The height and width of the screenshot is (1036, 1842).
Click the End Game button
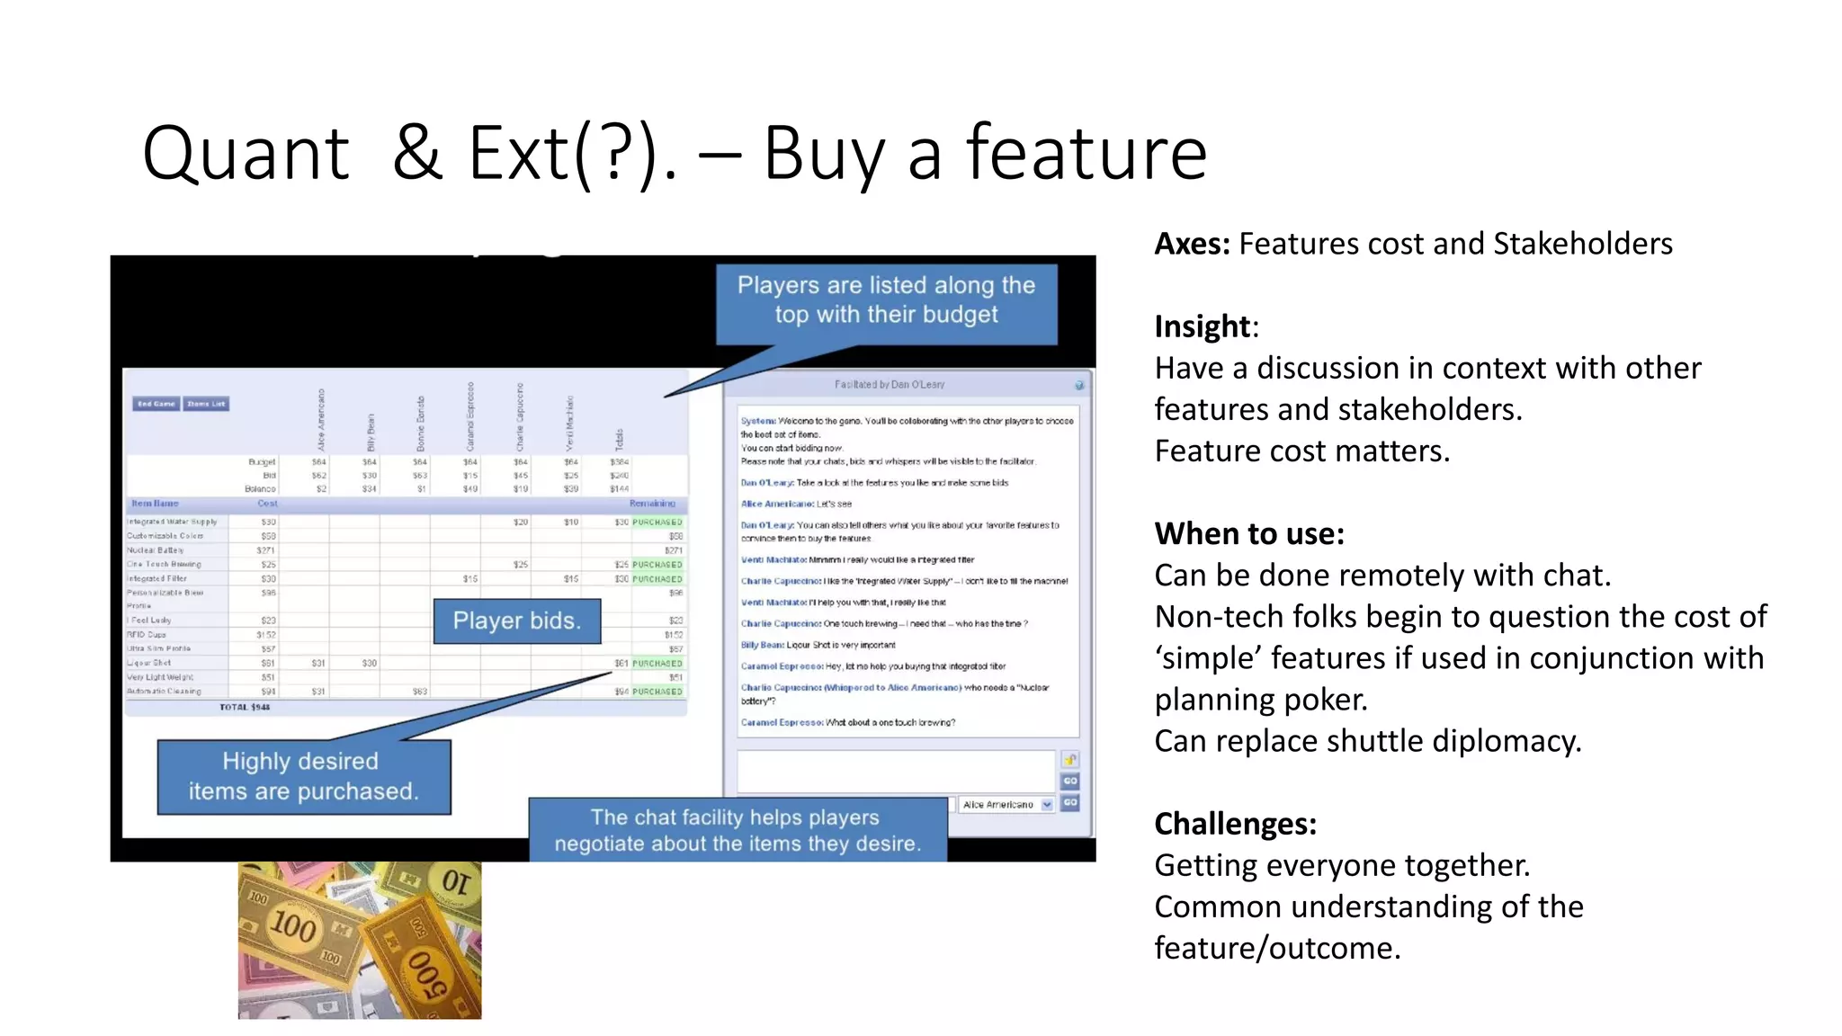pyautogui.click(x=156, y=404)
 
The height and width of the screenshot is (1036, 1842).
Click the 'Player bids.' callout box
pyautogui.click(x=517, y=621)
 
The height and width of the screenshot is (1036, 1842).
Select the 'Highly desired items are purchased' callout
pyautogui.click(x=304, y=776)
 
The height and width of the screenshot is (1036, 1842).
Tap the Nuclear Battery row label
pyautogui.click(x=156, y=550)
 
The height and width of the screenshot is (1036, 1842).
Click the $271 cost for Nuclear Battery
pyautogui.click(x=266, y=550)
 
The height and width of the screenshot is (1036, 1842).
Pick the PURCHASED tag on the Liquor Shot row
pyautogui.click(x=657, y=664)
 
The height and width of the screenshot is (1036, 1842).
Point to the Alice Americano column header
pyautogui.click(x=321, y=420)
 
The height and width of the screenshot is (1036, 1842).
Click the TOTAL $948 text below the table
pyautogui.click(x=245, y=708)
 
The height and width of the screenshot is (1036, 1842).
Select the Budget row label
pyautogui.click(x=262, y=462)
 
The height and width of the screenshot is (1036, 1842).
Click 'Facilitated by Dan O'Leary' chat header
pyautogui.click(x=890, y=385)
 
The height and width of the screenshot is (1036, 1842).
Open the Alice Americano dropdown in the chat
pyautogui.click(x=1007, y=805)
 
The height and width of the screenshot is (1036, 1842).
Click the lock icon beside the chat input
pyautogui.click(x=1069, y=760)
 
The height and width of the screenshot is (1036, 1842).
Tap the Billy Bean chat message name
pyautogui.click(x=762, y=645)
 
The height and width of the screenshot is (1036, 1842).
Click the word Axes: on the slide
pyautogui.click(x=1192, y=244)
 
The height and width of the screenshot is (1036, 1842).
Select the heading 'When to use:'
pyautogui.click(x=1249, y=534)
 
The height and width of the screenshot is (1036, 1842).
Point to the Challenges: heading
pyautogui.click(x=1235, y=824)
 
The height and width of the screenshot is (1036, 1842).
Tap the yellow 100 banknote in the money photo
pyautogui.click(x=295, y=923)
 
